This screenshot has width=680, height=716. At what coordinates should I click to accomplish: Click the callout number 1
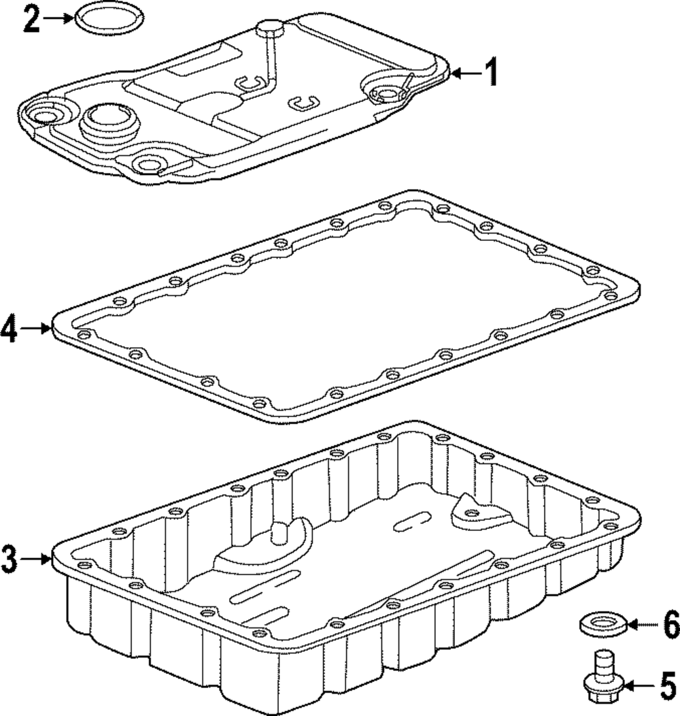490,72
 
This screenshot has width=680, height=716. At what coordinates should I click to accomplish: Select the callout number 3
9,559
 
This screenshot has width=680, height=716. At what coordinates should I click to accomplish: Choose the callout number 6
670,623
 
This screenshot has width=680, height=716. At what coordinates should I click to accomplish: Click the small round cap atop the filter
269,29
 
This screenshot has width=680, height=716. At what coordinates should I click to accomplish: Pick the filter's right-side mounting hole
387,93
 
